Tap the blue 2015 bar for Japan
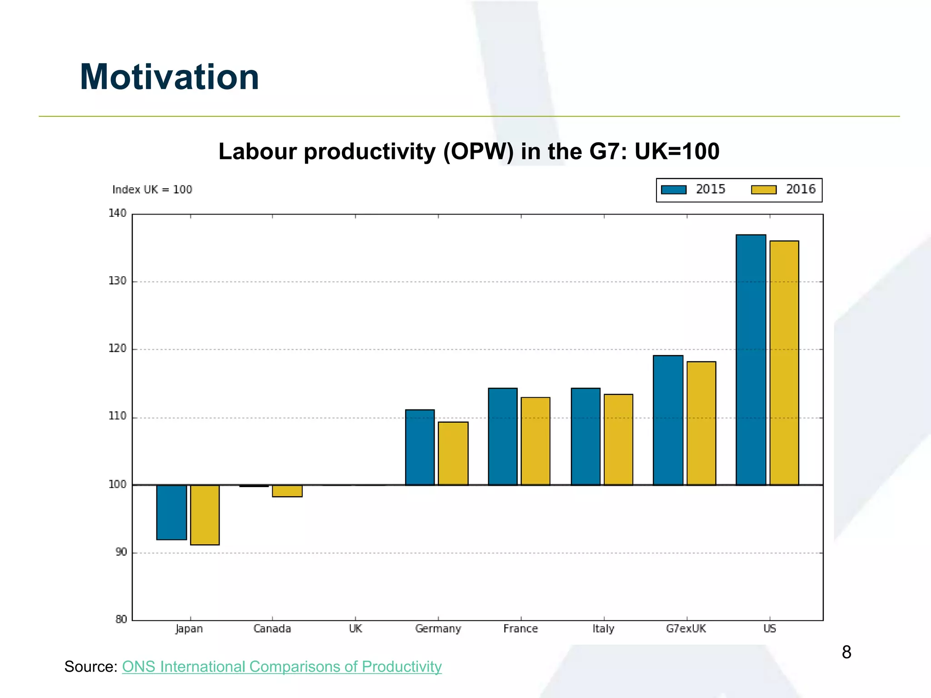point(171,512)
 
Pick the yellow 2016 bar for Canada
point(287,491)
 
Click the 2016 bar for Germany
point(453,453)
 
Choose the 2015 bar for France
point(502,436)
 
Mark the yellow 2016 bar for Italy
point(618,439)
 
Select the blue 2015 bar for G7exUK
point(668,420)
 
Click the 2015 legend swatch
point(673,189)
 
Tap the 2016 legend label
point(801,189)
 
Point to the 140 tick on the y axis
point(117,213)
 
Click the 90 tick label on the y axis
point(121,552)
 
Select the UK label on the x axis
point(355,628)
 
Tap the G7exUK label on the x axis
point(686,628)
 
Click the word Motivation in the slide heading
point(169,77)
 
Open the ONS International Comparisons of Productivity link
point(282,666)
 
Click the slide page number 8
point(846,652)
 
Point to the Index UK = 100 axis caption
point(152,189)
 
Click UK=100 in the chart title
point(676,151)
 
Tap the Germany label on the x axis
point(438,628)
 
